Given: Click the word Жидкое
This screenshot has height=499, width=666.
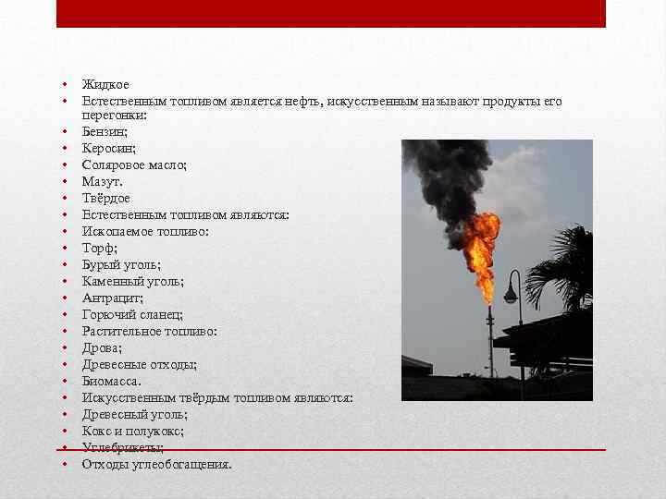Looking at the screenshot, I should [x=105, y=85].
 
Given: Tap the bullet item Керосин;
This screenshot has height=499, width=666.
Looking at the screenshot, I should [x=109, y=149].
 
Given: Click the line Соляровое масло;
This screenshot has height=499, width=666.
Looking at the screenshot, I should [x=134, y=165].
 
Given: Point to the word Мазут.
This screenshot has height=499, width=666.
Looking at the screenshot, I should [x=103, y=182].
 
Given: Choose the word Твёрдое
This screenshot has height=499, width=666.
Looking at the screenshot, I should [x=106, y=199].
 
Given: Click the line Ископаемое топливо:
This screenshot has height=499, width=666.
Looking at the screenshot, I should [x=145, y=232].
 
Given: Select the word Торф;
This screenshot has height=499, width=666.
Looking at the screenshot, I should [x=100, y=248].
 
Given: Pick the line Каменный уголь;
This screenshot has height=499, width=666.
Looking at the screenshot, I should [x=132, y=281].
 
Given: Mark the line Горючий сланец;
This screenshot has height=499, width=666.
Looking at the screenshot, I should [x=132, y=314].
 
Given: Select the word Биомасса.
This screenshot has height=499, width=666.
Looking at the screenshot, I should [x=112, y=381].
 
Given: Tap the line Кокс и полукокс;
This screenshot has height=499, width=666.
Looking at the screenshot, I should [x=132, y=431].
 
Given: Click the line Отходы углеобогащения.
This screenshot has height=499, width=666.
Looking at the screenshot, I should [x=156, y=464].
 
